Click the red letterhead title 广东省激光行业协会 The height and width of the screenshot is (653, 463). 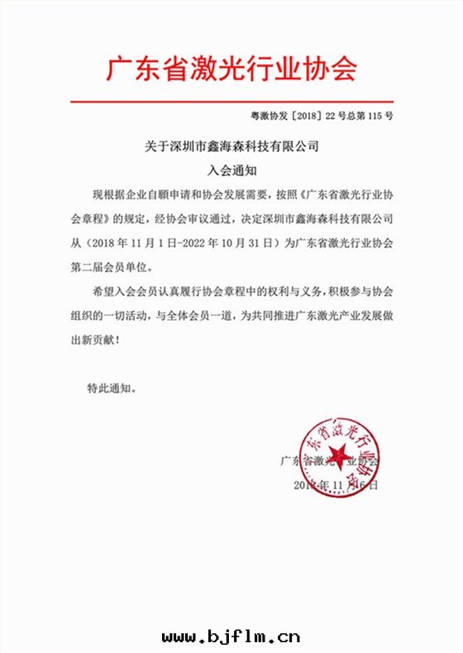(231, 69)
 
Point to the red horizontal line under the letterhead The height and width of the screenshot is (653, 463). (231, 101)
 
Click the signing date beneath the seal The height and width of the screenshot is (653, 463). (335, 484)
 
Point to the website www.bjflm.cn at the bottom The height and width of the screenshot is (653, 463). (231, 636)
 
